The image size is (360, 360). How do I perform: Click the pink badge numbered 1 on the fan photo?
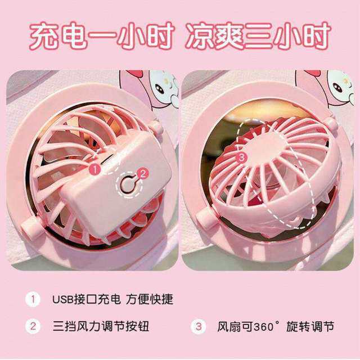pyautogui.click(x=95, y=169)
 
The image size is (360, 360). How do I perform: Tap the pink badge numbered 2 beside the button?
pyautogui.click(x=143, y=174)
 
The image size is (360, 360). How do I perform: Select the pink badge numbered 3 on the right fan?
pyautogui.click(x=241, y=157)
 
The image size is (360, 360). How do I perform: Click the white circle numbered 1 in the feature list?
pyautogui.click(x=33, y=299)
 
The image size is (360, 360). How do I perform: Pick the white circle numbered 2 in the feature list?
pyautogui.click(x=33, y=326)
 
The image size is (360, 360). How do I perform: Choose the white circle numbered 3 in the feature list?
pyautogui.click(x=199, y=326)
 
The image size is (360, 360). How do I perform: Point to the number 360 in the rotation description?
pyautogui.click(x=264, y=326)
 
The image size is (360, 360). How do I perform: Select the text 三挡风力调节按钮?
pyautogui.click(x=101, y=326)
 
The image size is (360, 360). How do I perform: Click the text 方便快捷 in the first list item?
pyautogui.click(x=149, y=299)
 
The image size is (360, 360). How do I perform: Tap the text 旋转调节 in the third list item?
pyautogui.click(x=310, y=326)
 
